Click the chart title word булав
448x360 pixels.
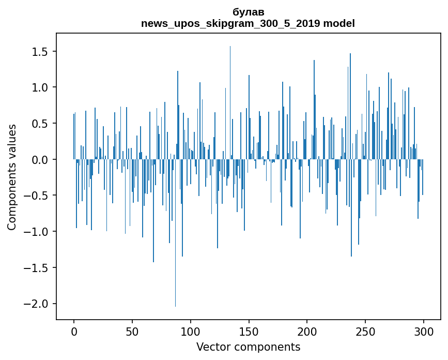249,12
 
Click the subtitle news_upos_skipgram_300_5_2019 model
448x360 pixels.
248,23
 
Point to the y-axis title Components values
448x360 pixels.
12,177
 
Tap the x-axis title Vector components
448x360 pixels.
248,347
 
